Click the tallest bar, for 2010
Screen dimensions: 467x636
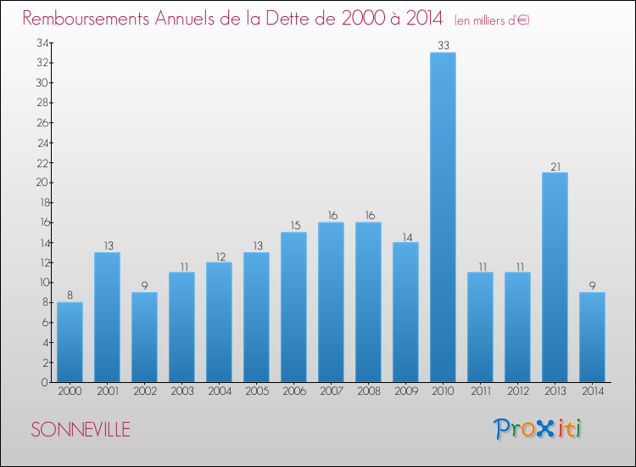(x=443, y=217)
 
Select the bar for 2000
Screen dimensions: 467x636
(x=70, y=341)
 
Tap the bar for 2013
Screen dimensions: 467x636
(x=555, y=277)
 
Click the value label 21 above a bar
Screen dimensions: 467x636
(x=555, y=166)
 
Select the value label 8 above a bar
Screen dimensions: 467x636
(x=70, y=295)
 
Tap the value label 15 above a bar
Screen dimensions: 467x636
(x=293, y=226)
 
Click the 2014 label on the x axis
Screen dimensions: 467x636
(x=592, y=391)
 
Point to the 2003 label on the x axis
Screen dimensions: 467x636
(x=181, y=391)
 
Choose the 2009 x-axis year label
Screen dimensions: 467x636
(x=405, y=391)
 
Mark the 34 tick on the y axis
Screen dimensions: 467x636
(x=41, y=42)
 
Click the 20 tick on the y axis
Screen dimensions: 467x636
(x=41, y=183)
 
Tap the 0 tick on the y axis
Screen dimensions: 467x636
(x=43, y=382)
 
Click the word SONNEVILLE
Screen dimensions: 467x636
(x=81, y=430)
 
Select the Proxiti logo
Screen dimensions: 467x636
(x=538, y=429)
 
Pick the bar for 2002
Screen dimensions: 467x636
(x=144, y=337)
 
